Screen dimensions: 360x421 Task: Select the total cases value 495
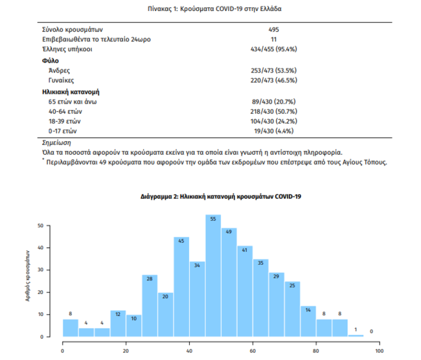[273, 30]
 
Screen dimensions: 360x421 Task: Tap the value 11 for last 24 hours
[273, 39]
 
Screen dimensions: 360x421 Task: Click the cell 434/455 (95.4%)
[273, 49]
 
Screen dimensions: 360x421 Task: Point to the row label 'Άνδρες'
[60, 69]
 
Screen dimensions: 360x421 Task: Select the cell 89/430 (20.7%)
[273, 102]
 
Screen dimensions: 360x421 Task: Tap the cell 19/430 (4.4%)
[273, 131]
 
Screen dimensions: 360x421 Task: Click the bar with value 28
[150, 306]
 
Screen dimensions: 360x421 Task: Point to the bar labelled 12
[119, 324]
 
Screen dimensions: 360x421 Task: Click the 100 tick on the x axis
[379, 350]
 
